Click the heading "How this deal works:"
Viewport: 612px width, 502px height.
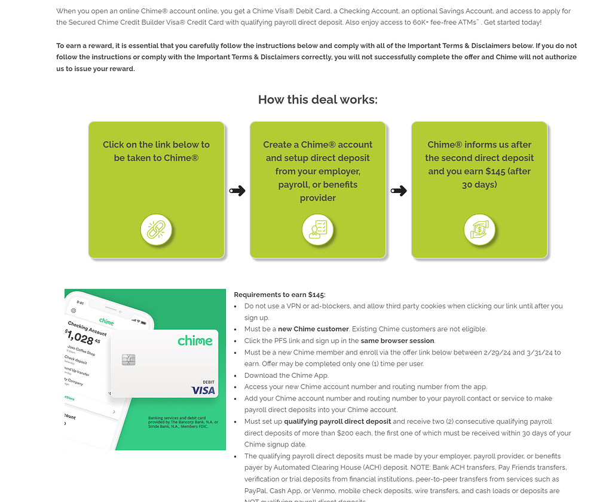[x=317, y=100]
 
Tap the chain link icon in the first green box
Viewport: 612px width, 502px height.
[x=156, y=229]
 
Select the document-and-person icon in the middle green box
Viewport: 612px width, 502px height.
[x=317, y=229]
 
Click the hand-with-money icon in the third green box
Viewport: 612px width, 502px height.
[x=479, y=229]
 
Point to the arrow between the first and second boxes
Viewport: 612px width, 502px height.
[x=237, y=191]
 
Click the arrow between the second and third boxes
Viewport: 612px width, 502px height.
[x=399, y=191]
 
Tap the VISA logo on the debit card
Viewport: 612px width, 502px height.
[x=203, y=390]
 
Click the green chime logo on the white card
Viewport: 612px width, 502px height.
[x=195, y=341]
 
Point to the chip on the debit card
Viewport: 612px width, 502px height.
[x=128, y=359]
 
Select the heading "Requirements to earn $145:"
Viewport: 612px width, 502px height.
[x=280, y=295]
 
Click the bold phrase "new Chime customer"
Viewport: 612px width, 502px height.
[x=313, y=329]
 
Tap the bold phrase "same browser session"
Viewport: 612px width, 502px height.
[x=397, y=341]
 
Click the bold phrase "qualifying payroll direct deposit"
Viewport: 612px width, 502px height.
[x=337, y=421]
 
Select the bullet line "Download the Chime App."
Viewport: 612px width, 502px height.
[x=286, y=375]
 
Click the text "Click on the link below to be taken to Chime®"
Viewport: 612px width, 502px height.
[x=156, y=151]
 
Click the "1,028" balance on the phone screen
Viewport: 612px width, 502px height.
[x=80, y=338]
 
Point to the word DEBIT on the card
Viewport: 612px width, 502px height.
[x=209, y=381]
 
